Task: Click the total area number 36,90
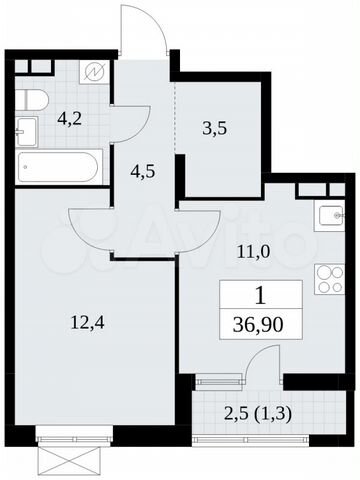pos(259,327)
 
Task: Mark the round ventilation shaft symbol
pos(93,72)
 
